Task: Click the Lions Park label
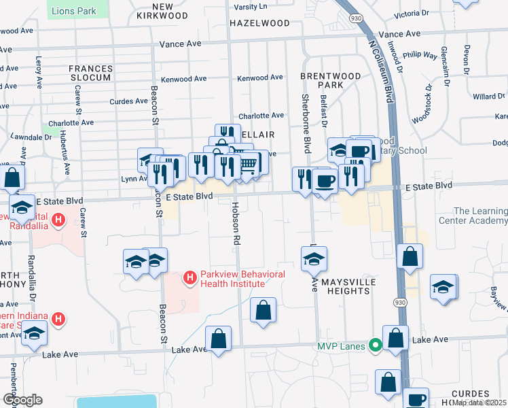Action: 78,11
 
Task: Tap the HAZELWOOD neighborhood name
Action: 259,22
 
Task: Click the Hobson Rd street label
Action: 236,223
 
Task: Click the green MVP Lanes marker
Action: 374,346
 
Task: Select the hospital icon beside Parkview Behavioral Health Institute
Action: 190,278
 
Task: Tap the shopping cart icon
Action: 249,163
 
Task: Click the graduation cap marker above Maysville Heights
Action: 314,259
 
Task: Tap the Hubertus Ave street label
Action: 67,155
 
